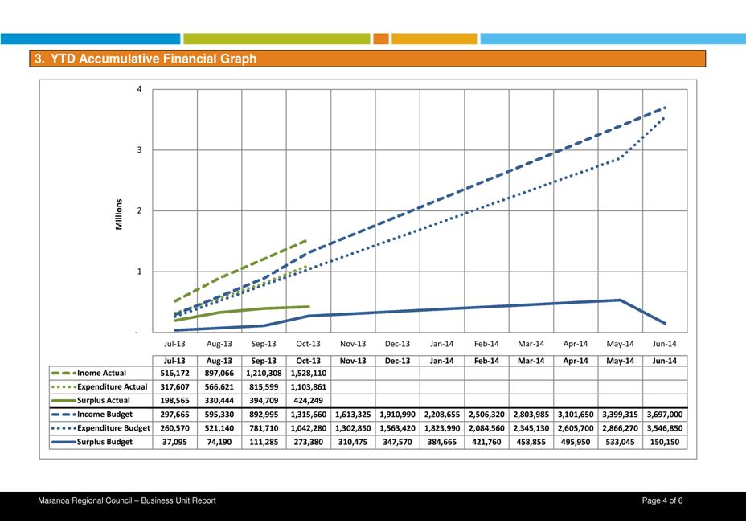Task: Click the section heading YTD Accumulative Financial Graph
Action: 145,59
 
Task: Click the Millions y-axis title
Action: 120,214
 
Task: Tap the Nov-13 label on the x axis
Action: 353,344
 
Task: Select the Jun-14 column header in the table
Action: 665,361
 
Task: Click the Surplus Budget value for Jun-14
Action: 665,442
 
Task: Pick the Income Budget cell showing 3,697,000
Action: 665,415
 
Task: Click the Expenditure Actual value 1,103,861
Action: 308,387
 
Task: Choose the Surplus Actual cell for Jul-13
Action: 174,401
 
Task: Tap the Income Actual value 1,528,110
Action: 308,374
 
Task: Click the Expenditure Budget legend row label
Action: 113,428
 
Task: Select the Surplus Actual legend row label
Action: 104,401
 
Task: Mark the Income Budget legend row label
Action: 105,415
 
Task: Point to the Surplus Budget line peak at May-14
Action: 621,300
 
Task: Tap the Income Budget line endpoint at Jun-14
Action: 666,107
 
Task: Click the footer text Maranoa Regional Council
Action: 127,501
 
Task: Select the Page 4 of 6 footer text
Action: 662,501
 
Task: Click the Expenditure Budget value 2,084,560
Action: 487,428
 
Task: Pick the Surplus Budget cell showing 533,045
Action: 621,442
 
